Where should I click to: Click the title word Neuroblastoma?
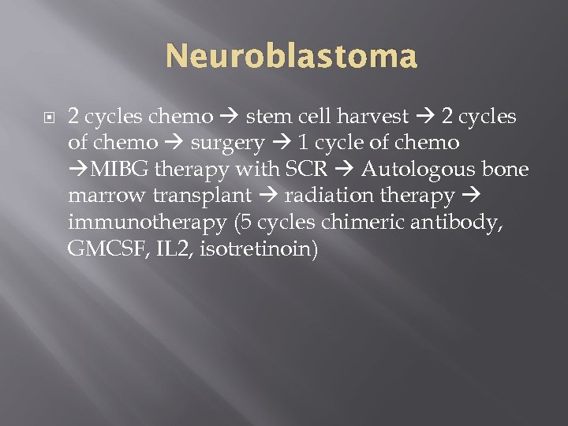coord(291,58)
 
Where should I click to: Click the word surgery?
coord(227,144)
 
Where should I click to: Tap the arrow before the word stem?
coord(229,118)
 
